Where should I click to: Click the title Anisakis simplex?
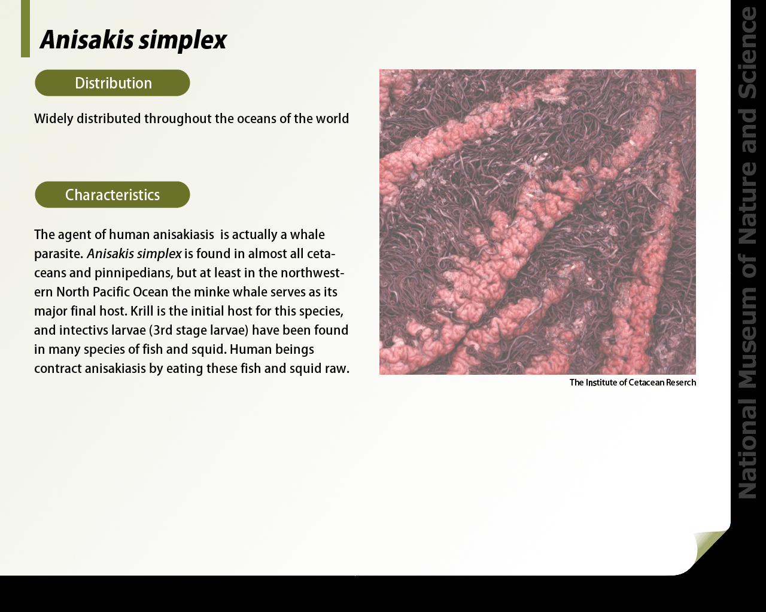tap(133, 40)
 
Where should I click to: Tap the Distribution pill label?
tap(113, 83)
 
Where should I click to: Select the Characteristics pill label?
tap(113, 195)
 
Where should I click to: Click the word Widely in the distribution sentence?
tap(53, 119)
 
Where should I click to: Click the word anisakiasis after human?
tap(184, 235)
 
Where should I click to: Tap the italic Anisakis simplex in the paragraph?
tap(134, 254)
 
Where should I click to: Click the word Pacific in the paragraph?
tap(113, 292)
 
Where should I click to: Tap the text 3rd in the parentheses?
tap(162, 331)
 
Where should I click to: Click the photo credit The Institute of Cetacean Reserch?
tap(633, 382)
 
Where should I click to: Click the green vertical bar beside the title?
tap(25, 29)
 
